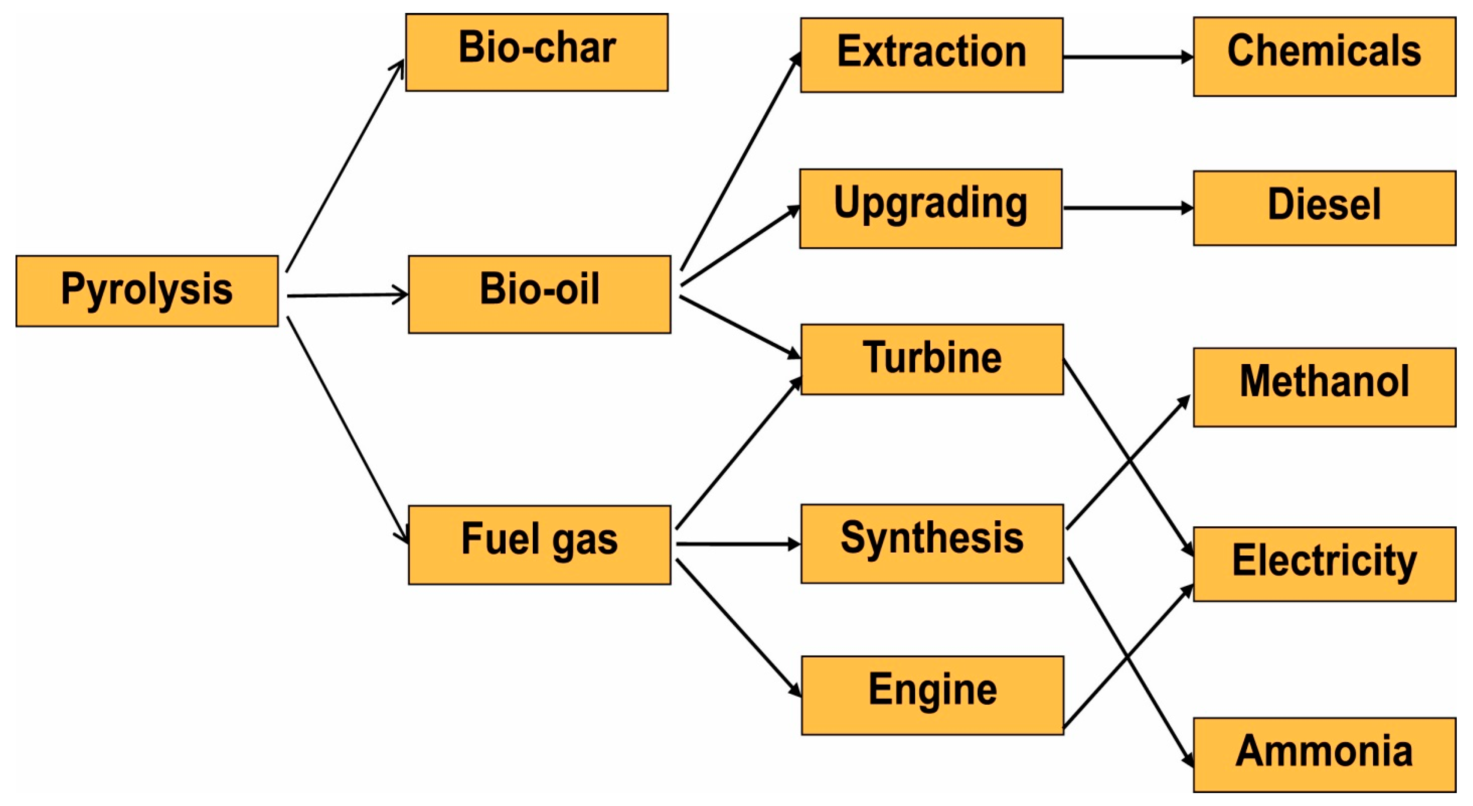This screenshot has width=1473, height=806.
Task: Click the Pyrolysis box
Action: [147, 291]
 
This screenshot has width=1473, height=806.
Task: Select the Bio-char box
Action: [536, 52]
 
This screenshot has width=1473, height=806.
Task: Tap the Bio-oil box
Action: [539, 294]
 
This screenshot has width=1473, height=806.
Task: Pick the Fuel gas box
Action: [539, 545]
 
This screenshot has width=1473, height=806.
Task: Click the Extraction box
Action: [931, 55]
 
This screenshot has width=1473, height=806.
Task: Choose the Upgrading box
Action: [930, 208]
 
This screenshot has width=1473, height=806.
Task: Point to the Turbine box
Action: [932, 359]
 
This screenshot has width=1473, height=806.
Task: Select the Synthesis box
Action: [932, 544]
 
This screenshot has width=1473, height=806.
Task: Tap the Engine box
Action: [932, 695]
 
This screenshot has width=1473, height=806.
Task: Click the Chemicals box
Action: [1324, 57]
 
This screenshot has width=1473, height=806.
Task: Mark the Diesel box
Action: [1324, 208]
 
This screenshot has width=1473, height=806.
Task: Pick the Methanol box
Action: [1324, 387]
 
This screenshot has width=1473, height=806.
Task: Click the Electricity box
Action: [1324, 564]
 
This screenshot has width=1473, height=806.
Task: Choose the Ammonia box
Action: [1324, 755]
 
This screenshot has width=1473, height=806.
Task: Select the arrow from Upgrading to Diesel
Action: [1128, 208]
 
